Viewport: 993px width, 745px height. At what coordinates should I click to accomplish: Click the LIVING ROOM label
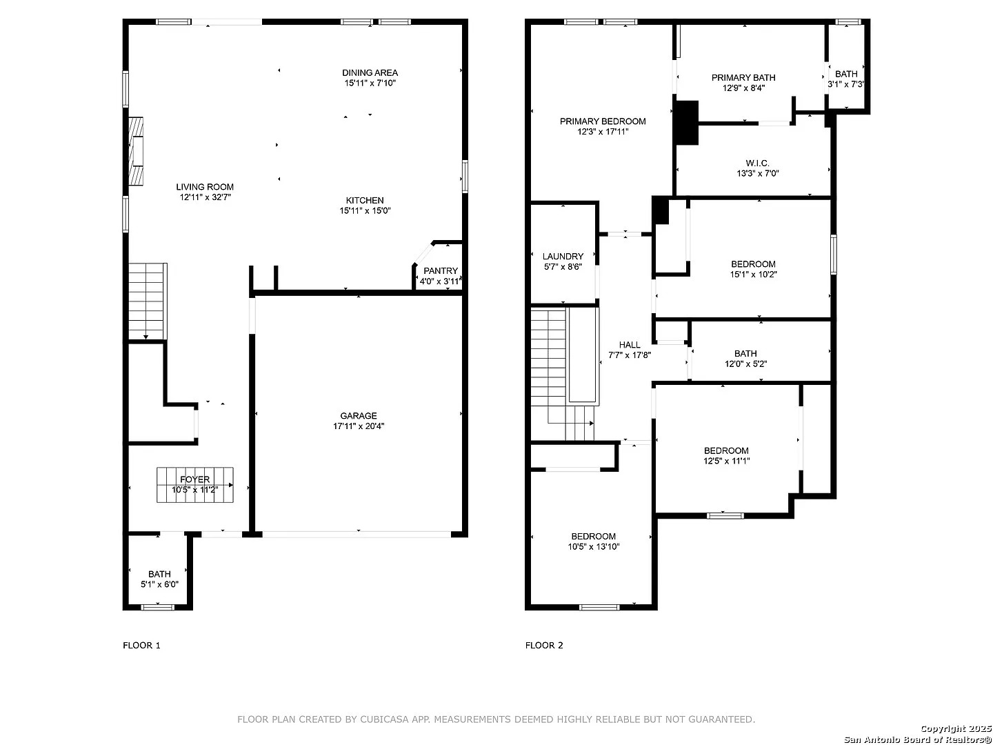205,187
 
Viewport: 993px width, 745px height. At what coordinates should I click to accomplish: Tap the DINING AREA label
370,73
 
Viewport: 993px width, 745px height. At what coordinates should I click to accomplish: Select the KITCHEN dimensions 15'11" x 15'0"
365,210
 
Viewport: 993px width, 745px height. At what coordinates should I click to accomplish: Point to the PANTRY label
440,270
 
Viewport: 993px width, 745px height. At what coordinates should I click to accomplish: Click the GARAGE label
359,415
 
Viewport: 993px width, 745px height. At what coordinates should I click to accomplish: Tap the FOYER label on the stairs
194,479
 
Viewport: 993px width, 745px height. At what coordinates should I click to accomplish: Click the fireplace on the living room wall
136,151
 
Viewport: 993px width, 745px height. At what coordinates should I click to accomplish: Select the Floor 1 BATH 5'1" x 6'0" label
159,579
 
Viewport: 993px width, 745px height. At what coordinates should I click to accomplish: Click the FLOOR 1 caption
141,645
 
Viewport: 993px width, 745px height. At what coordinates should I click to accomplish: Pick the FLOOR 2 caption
544,645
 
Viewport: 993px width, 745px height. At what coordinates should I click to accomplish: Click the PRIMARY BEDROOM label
603,121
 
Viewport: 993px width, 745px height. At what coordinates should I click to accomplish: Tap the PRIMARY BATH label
743,78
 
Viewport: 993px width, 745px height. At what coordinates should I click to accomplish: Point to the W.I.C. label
757,163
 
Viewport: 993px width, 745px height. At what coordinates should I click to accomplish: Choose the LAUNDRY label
563,257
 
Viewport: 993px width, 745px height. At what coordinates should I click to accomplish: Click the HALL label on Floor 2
630,345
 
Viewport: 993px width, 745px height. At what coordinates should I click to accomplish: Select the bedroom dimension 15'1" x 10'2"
753,274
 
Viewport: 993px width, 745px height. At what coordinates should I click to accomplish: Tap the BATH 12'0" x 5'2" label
745,359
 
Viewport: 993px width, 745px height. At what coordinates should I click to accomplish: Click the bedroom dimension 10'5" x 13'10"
594,546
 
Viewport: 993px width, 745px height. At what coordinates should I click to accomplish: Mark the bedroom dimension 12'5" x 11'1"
726,461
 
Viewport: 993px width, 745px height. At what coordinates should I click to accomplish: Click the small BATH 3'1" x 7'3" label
846,79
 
